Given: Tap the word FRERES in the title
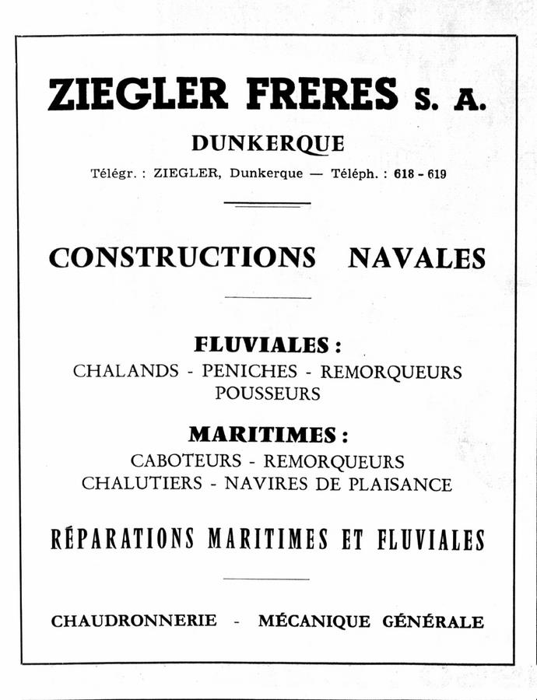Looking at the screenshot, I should coord(321,95).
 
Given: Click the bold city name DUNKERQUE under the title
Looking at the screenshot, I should coord(267,144).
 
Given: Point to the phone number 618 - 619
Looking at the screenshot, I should coord(419,174).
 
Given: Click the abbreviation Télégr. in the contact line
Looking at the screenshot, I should coord(115,174).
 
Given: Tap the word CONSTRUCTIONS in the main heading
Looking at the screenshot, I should coord(182,257).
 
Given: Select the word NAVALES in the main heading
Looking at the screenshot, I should coord(416,257).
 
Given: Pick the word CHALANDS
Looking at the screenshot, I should coord(125,371).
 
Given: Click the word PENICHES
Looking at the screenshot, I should coord(249,371).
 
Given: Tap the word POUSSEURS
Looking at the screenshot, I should coord(267,394).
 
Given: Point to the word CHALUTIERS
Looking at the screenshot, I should coord(141,484).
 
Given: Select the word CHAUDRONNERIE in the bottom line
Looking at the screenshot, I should coord(134,621).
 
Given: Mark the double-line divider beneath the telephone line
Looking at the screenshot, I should coord(267,205).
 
